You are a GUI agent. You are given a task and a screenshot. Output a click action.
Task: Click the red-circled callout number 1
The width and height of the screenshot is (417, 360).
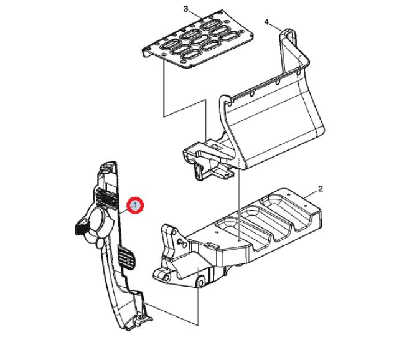[x=135, y=206]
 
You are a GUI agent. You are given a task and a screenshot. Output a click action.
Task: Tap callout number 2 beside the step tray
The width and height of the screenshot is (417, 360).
[x=320, y=189]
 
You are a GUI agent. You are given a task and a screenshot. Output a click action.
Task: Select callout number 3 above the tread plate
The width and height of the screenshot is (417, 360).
[x=186, y=9]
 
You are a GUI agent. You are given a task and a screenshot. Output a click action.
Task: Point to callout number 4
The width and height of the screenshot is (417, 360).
[x=267, y=22]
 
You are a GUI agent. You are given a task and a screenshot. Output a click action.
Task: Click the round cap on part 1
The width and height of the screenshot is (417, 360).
[x=99, y=220]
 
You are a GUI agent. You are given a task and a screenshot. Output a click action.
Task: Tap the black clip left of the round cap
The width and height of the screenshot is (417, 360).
[x=82, y=227]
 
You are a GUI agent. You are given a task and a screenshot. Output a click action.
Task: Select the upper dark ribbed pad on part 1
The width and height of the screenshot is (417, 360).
[x=106, y=198]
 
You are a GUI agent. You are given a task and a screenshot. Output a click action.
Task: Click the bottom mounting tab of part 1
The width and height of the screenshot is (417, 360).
[x=143, y=319]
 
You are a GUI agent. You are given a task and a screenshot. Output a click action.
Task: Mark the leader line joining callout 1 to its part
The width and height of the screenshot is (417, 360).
[x=125, y=211]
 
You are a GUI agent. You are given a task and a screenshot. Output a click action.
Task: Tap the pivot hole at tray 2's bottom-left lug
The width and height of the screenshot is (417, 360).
[x=166, y=278]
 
